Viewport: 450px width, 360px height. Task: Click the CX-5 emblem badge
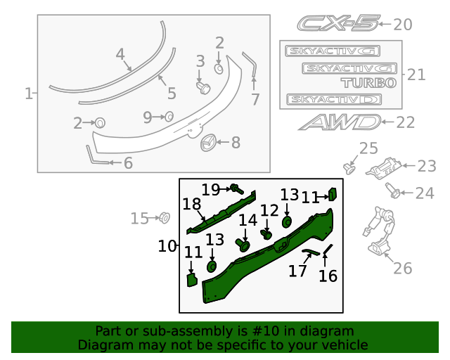[x=337, y=24]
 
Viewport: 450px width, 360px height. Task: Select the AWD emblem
[x=340, y=122]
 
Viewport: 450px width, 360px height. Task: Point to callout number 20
[x=403, y=25]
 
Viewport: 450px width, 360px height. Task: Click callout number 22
[x=406, y=122]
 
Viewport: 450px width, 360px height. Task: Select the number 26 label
[x=403, y=268]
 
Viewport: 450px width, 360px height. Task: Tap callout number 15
[x=140, y=219]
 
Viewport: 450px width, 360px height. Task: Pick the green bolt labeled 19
[x=238, y=188]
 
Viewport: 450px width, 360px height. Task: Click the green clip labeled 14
[x=245, y=245]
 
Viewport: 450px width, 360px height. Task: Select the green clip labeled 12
[x=267, y=233]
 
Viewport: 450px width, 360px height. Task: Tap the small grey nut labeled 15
[x=163, y=217]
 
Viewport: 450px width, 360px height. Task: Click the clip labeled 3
[x=204, y=87]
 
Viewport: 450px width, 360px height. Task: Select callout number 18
[x=192, y=205]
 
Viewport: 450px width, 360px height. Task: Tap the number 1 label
[x=29, y=94]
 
